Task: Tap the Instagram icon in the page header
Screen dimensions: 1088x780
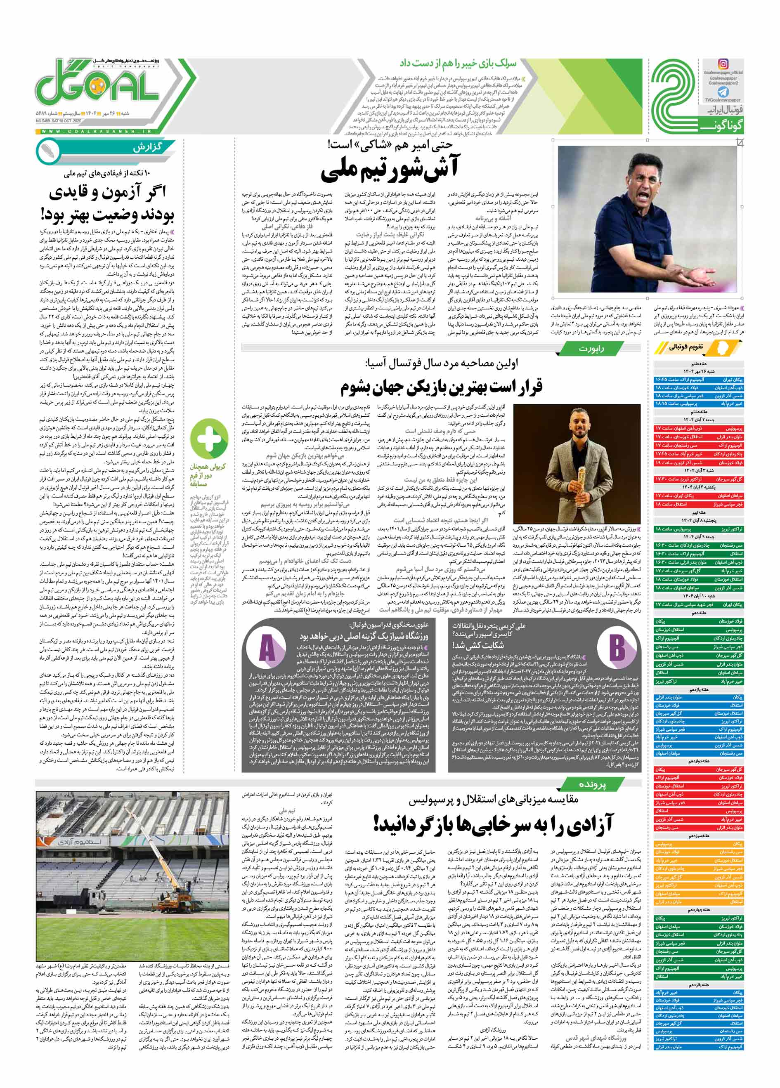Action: tap(723, 64)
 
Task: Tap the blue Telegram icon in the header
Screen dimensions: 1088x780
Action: tap(723, 92)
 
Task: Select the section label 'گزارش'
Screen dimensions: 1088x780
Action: tap(148, 148)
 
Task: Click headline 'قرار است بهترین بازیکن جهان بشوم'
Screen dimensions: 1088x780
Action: tap(441, 386)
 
